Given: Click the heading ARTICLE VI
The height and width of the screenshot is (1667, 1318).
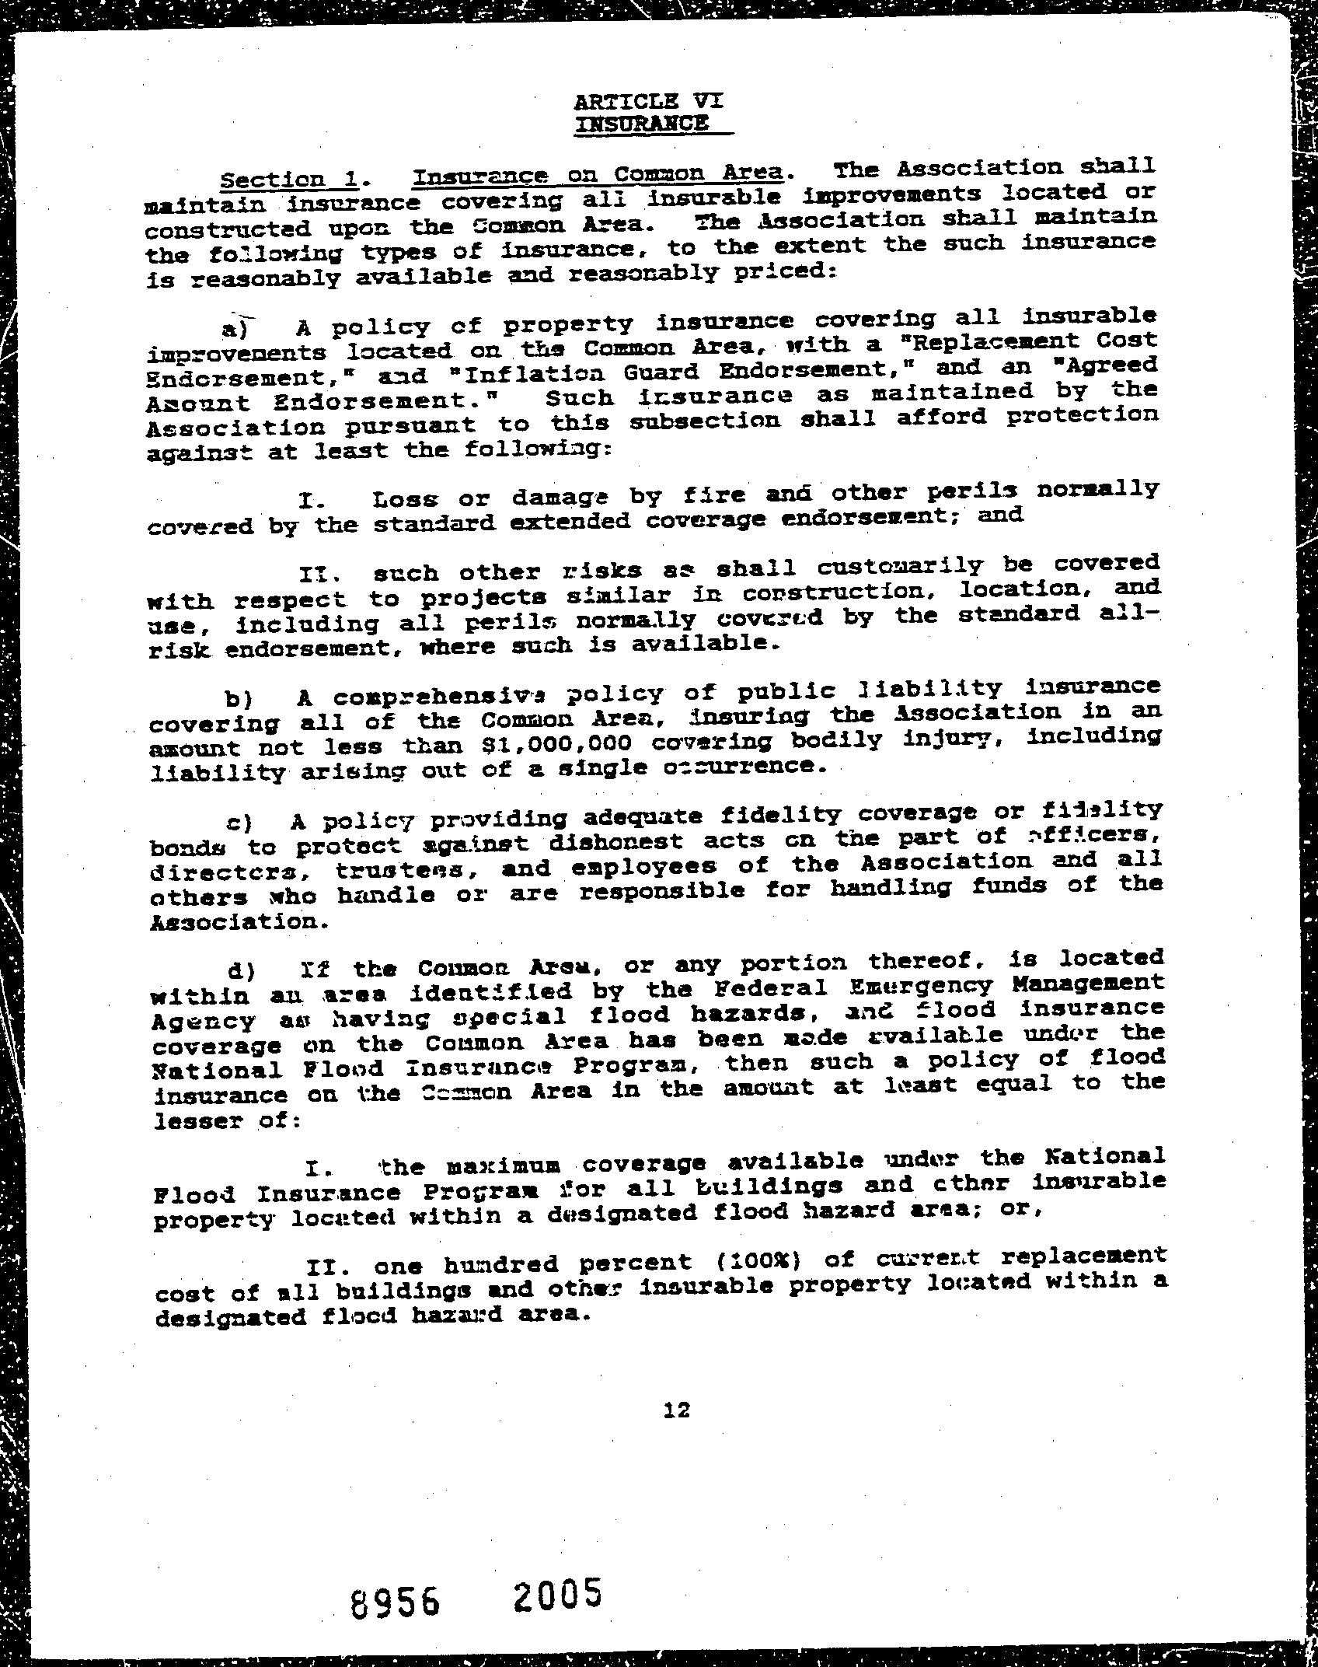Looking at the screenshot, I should [649, 101].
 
